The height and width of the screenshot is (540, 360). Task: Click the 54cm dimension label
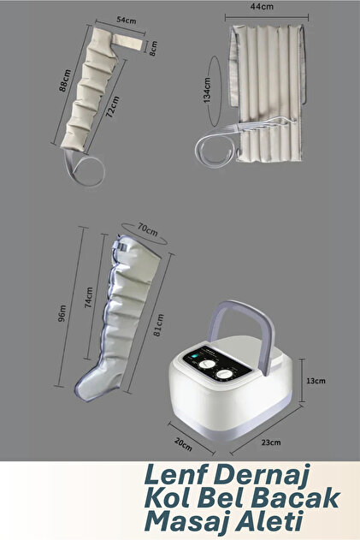(x=127, y=20)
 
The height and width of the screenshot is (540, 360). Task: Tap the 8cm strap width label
(x=153, y=48)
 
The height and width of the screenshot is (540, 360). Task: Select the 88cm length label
(x=65, y=80)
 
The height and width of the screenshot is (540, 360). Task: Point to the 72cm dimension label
(x=113, y=107)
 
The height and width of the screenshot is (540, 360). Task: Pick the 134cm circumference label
(x=207, y=90)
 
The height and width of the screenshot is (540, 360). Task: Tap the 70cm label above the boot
(x=148, y=229)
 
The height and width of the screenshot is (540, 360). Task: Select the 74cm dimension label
(x=89, y=297)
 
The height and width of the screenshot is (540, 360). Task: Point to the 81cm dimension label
(x=159, y=324)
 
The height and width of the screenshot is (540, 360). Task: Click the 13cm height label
(x=316, y=381)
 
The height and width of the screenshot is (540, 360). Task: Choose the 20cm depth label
(x=183, y=445)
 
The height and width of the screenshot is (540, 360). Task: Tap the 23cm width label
(x=271, y=442)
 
